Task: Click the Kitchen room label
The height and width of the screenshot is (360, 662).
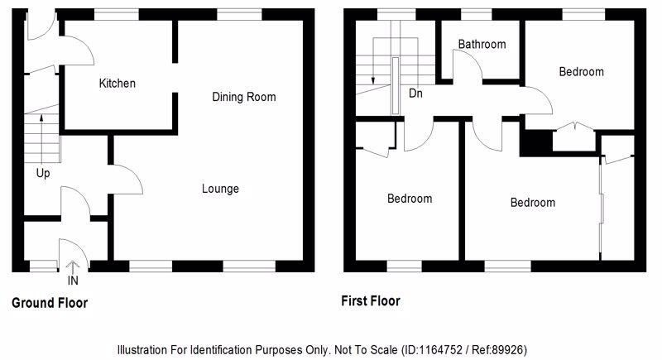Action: [x=117, y=84]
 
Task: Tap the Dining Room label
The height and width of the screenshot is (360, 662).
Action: [x=243, y=97]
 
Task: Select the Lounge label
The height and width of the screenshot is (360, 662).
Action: [x=220, y=189]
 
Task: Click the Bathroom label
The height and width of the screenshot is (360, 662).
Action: [x=482, y=44]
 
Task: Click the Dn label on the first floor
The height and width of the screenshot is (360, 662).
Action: [x=415, y=94]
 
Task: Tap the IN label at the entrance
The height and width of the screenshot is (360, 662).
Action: [x=73, y=280]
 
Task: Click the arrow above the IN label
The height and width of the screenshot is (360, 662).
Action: [x=72, y=266]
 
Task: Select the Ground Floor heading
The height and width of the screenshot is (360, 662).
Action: [x=50, y=303]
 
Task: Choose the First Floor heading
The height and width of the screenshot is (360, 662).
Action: [x=371, y=301]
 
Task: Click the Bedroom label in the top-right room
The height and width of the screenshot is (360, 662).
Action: [x=581, y=72]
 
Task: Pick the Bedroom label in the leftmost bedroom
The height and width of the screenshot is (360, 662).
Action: [x=410, y=199]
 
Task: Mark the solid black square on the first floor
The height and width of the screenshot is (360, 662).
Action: [x=535, y=142]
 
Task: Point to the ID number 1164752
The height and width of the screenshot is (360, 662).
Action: [x=427, y=350]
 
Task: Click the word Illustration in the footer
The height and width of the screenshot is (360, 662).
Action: [x=145, y=350]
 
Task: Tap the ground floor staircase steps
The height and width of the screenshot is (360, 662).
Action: [x=41, y=137]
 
